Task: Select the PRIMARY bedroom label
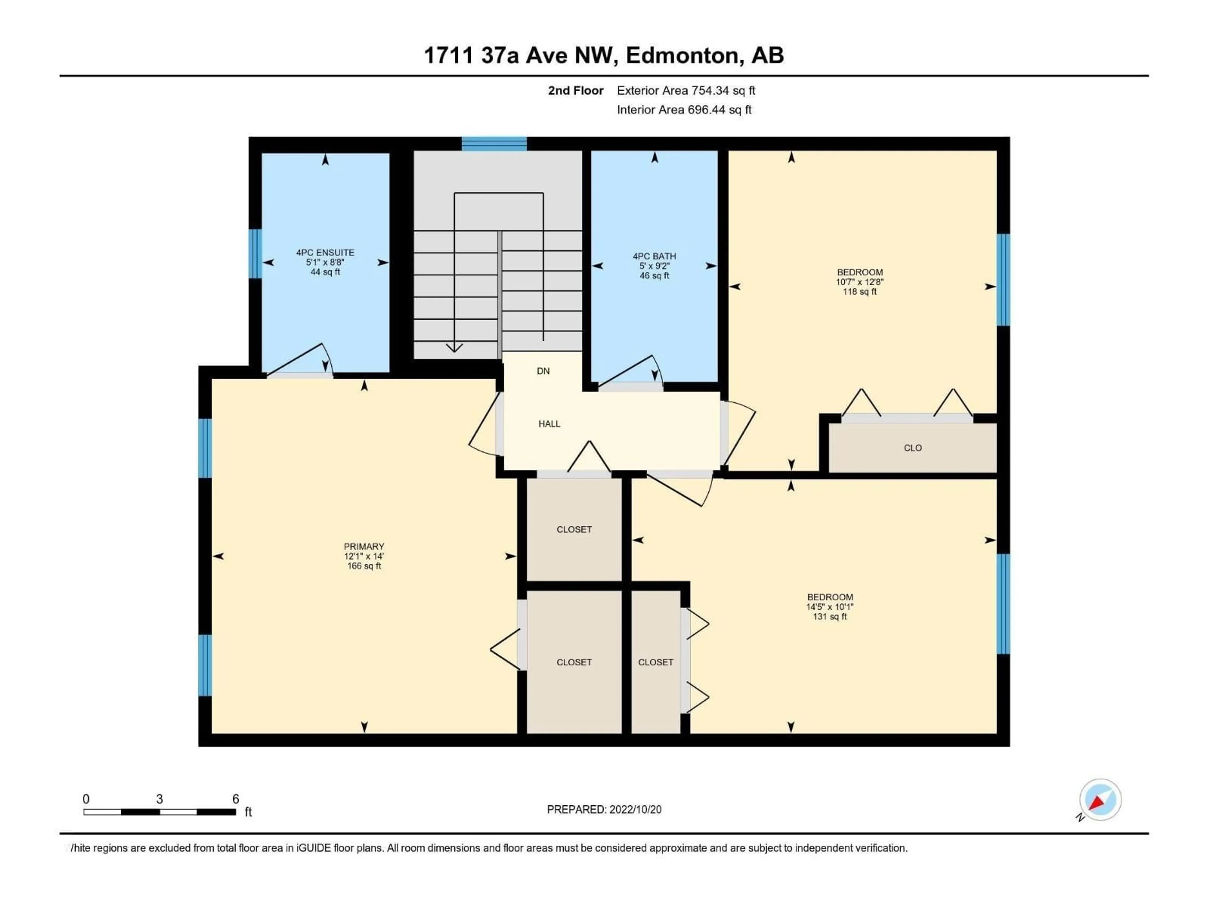pos(364,546)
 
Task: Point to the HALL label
pos(549,424)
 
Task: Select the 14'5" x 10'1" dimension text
pos(830,607)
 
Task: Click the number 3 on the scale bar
pos(160,799)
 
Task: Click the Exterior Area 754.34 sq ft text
pos(686,91)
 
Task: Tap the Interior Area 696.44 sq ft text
pos(684,110)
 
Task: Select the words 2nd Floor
pos(576,91)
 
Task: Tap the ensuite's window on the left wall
pos(255,254)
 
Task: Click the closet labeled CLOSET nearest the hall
pos(574,529)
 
